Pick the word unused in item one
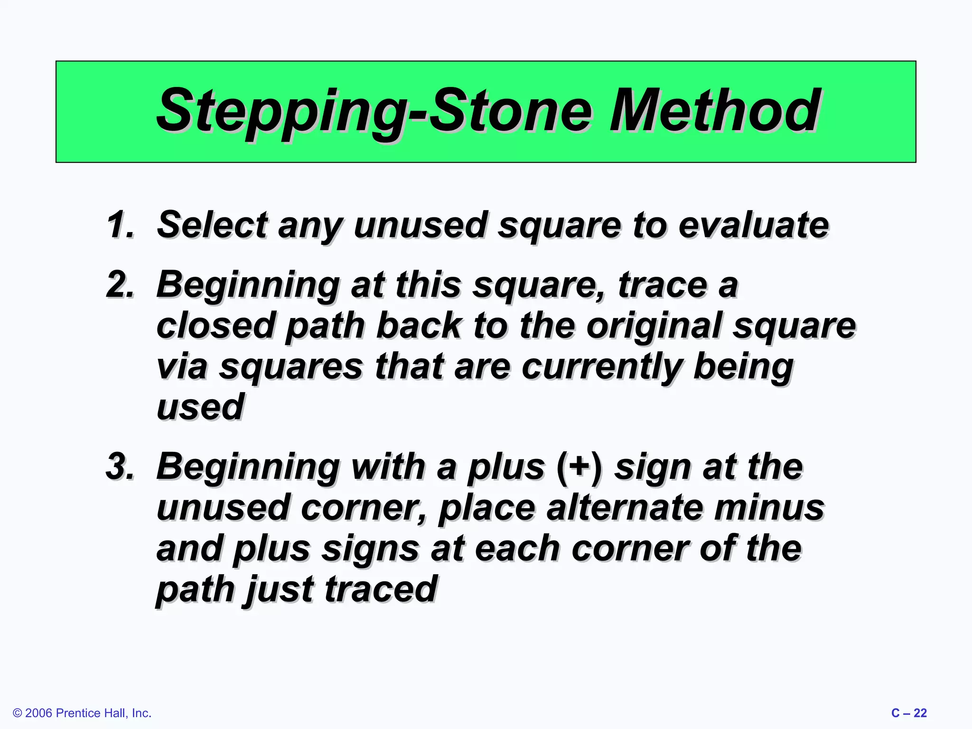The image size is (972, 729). click(x=420, y=225)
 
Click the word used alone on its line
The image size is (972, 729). click(x=200, y=407)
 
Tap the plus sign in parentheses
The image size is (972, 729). click(x=579, y=467)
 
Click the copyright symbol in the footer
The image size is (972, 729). click(x=18, y=713)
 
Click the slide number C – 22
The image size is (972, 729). click(x=908, y=713)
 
